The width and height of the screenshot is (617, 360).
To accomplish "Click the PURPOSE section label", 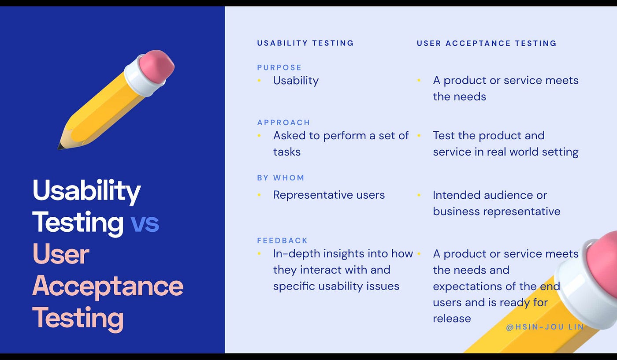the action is click(279, 67).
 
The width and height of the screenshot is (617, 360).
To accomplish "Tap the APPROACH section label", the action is click(283, 122).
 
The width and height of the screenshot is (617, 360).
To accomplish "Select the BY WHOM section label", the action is click(281, 178).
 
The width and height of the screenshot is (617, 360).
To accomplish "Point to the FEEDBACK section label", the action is click(282, 241).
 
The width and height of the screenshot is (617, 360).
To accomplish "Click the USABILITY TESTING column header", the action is click(305, 43).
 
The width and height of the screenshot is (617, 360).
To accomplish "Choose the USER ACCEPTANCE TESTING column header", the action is click(487, 43).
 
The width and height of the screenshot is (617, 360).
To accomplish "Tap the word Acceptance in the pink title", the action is click(108, 286).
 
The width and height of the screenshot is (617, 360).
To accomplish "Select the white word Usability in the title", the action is click(87, 191).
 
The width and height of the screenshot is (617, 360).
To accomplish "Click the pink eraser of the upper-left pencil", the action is click(156, 65).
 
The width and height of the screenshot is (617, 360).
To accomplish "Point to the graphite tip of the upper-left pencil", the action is click(60, 147).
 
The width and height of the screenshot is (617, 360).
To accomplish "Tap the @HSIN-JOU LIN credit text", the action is click(545, 327).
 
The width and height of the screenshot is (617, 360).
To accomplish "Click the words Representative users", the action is click(329, 195).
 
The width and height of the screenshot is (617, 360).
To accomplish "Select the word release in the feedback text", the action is click(452, 319).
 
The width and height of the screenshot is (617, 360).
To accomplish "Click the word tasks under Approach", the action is click(287, 152).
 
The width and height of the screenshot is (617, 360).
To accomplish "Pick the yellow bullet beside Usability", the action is click(259, 81).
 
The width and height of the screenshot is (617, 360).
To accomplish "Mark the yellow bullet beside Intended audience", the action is click(419, 195).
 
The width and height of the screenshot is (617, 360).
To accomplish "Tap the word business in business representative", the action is click(457, 212).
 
